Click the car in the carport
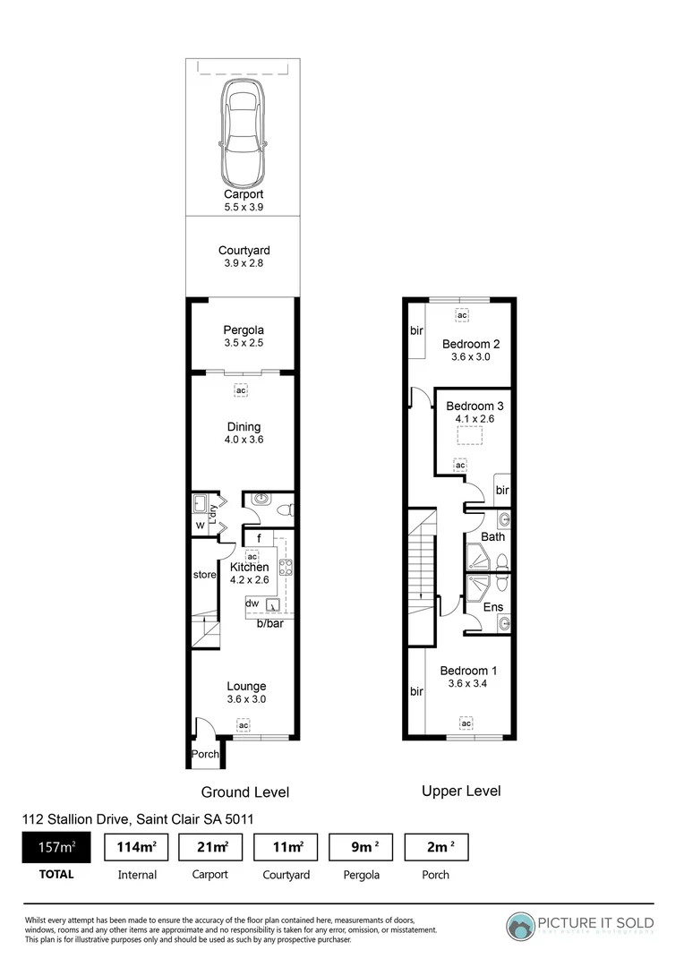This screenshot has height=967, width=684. click(243, 131)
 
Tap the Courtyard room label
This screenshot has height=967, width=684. click(244, 251)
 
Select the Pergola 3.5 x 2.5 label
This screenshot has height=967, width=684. click(244, 337)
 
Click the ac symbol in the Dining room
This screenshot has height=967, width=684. click(241, 390)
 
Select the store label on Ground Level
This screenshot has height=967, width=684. click(205, 574)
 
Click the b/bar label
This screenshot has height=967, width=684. click(269, 623)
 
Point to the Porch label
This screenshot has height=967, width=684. click(205, 754)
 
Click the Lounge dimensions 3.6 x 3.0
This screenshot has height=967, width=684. click(245, 699)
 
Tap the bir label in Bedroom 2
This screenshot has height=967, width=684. click(416, 331)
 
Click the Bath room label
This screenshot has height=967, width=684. click(492, 537)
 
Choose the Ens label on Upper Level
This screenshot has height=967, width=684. click(492, 607)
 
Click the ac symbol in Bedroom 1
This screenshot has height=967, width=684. click(466, 723)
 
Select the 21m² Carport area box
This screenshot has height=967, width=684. click(211, 846)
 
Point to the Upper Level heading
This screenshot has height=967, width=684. click(460, 791)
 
